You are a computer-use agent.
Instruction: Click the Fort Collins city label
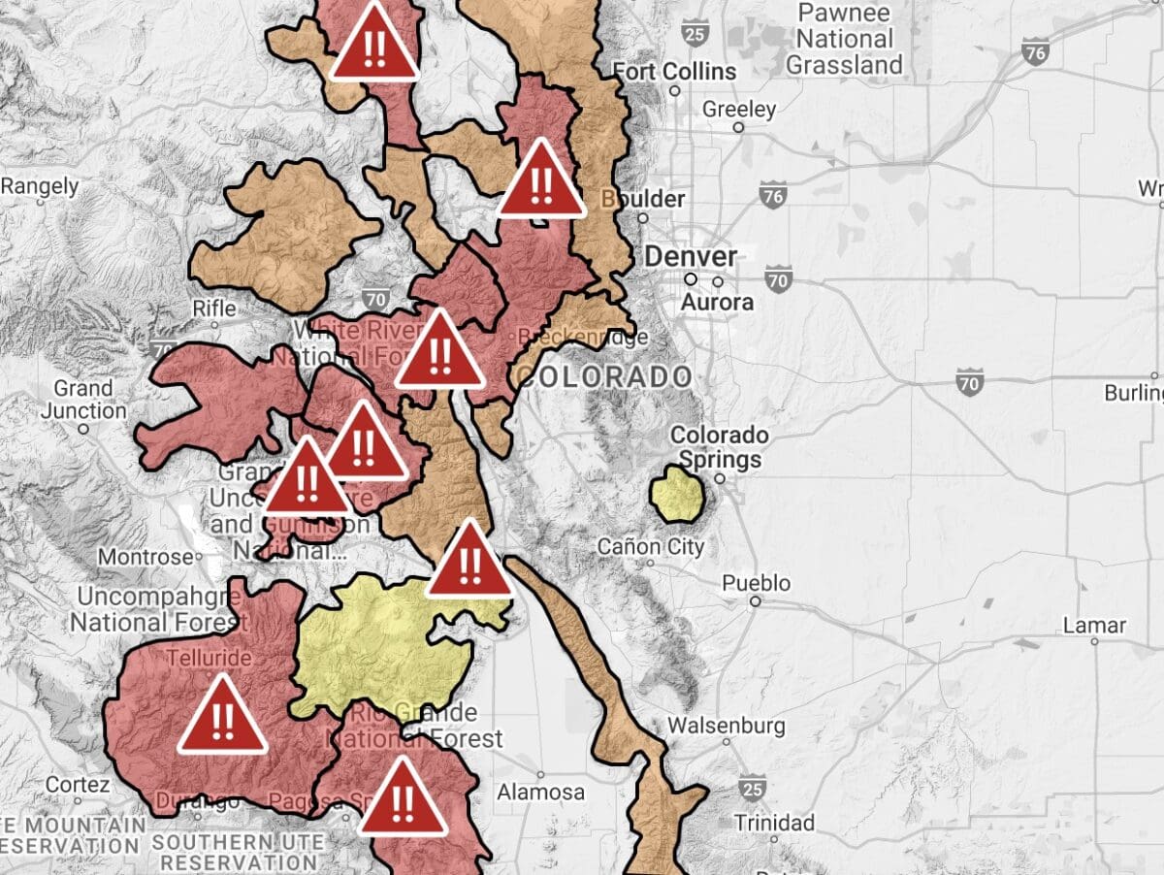[674, 71]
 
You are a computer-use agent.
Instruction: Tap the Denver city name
[691, 257]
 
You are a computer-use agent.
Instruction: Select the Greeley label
[739, 109]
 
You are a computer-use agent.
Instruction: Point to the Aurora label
[717, 303]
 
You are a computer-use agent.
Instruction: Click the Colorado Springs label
[720, 446]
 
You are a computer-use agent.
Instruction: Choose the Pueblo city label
[756, 584]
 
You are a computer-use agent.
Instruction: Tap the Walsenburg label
[727, 725]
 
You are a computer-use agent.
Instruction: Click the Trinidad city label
[774, 823]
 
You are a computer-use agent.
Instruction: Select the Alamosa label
[540, 793]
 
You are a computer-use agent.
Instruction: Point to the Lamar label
[1094, 624]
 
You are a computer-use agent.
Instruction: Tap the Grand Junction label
[83, 399]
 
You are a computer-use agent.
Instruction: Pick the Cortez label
[78, 784]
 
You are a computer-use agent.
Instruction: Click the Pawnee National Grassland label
[844, 40]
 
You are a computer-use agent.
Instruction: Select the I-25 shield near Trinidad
[752, 786]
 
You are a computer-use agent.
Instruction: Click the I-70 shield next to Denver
[778, 280]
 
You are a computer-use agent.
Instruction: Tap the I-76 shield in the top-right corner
[1036, 52]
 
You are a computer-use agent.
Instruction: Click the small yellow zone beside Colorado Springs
[677, 493]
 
